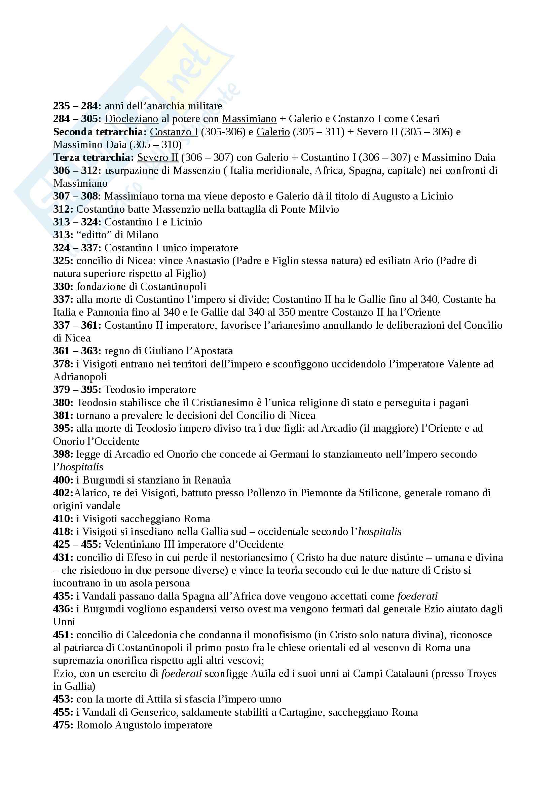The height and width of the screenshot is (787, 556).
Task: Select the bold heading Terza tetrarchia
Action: [92, 158]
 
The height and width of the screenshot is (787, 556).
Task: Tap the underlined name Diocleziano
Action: [131, 119]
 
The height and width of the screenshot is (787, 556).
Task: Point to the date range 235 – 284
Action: [77, 106]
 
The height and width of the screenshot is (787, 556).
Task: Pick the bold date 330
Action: [63, 287]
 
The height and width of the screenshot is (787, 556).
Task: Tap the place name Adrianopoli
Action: [80, 377]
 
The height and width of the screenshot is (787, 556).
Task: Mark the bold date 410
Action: [63, 518]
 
